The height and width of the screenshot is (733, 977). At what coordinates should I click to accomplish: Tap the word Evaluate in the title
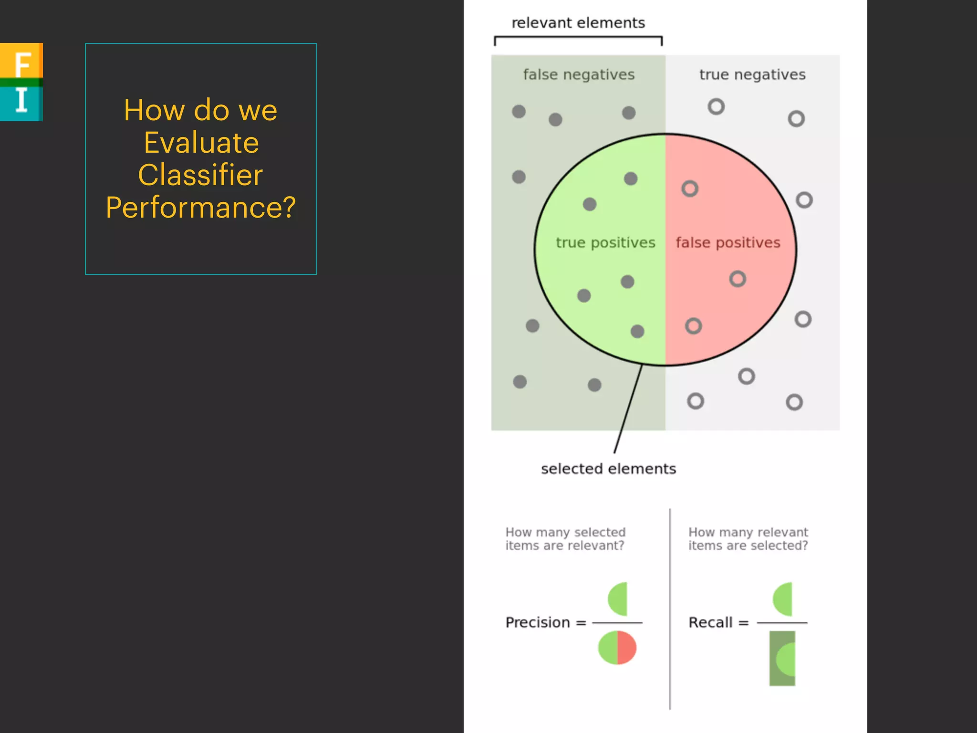(x=201, y=143)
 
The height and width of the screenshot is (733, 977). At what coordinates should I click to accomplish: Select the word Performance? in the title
(x=201, y=208)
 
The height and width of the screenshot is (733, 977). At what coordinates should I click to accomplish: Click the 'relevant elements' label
(x=578, y=23)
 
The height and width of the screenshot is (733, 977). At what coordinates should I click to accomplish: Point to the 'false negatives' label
(x=579, y=75)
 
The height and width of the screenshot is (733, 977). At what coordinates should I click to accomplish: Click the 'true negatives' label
(x=752, y=75)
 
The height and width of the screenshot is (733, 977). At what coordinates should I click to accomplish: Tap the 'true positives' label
(x=605, y=243)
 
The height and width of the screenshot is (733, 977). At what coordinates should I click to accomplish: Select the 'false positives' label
(x=728, y=243)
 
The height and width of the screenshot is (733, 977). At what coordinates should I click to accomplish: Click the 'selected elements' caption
(x=608, y=469)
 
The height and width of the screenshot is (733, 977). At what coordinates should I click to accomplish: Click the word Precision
(x=538, y=623)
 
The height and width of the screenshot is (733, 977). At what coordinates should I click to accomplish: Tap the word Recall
(x=710, y=623)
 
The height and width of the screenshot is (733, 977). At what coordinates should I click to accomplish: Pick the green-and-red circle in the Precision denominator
(x=617, y=648)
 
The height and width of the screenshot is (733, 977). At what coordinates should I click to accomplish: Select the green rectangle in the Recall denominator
(x=782, y=658)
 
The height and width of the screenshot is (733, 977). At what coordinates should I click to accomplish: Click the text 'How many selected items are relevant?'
(x=565, y=539)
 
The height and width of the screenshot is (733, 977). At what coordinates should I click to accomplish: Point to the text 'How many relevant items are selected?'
(x=748, y=539)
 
